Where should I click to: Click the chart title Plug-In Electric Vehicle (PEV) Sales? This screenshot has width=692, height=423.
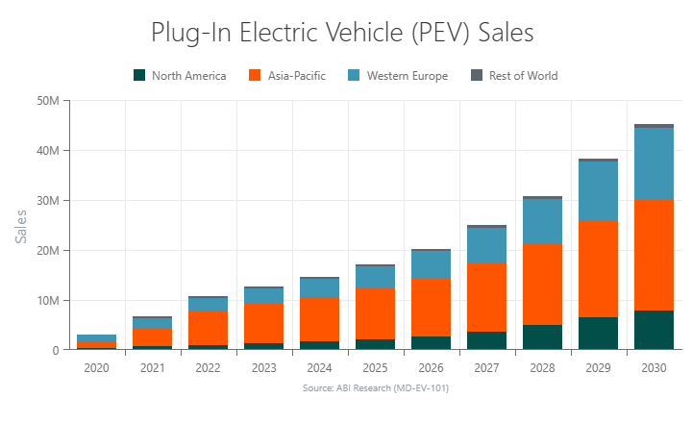coord(342,33)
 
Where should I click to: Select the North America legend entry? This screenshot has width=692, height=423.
coord(180,76)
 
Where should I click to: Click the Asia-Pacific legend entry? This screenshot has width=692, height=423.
coord(286,76)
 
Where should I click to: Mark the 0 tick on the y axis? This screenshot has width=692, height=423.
coord(57,351)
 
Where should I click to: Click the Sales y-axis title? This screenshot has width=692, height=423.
coord(21,225)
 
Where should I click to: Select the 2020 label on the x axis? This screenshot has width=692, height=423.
coord(96,367)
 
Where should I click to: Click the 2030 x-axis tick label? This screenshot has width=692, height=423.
coord(654,367)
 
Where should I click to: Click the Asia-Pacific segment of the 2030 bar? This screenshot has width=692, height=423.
coord(654,255)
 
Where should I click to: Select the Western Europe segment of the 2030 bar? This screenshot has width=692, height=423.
coord(654,163)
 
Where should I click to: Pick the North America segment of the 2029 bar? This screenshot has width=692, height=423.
coord(598,334)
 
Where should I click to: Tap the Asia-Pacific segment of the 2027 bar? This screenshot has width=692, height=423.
coord(486,297)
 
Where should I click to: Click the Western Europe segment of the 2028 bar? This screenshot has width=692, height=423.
coord(542,221)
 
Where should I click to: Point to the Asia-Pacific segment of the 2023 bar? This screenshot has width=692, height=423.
coord(264,323)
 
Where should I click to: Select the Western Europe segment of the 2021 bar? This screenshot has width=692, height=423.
coord(152,323)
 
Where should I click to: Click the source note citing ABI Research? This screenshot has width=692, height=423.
coord(375,388)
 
